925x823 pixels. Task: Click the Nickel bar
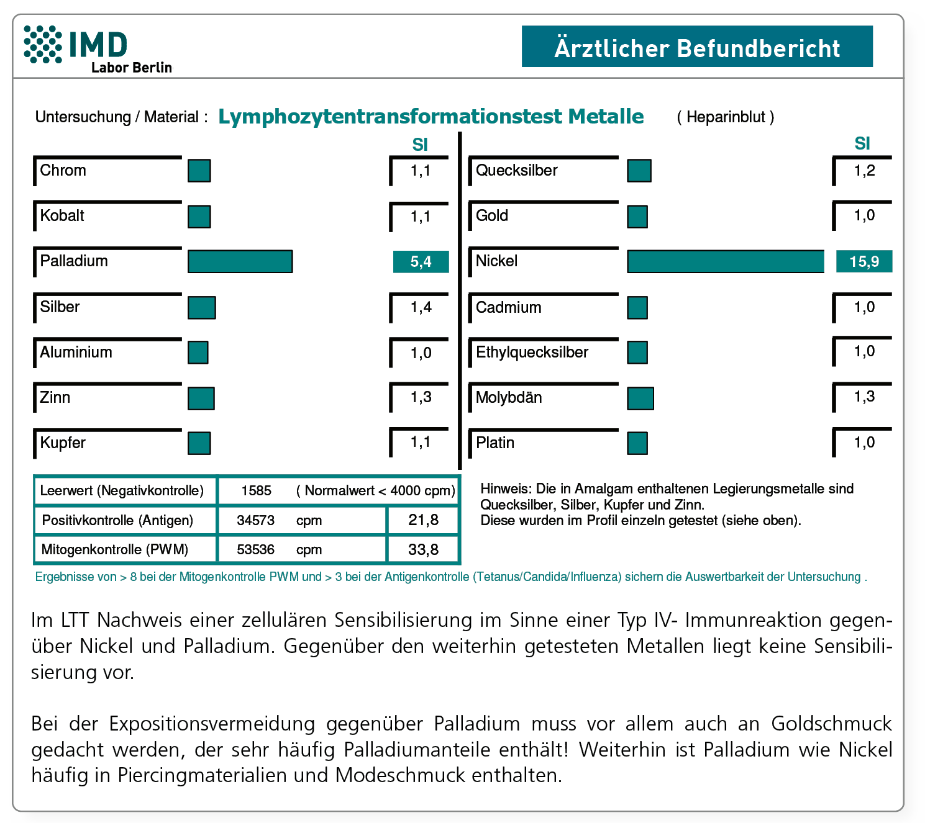(x=725, y=261)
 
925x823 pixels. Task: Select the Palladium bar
(x=240, y=261)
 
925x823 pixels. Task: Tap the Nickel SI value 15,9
(x=864, y=261)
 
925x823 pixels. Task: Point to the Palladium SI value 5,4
(x=421, y=262)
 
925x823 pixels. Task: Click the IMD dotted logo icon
(x=43, y=44)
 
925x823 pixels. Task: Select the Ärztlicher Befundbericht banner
(x=697, y=47)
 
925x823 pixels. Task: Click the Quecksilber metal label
(x=516, y=171)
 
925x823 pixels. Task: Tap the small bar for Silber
(x=202, y=307)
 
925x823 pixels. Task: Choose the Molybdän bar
(x=640, y=398)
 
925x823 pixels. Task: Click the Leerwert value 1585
(x=257, y=491)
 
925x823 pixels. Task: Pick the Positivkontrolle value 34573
(x=255, y=520)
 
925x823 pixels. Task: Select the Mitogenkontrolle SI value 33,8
(x=423, y=549)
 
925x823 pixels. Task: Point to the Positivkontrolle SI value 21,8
(x=423, y=520)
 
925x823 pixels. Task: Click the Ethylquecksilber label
(x=532, y=353)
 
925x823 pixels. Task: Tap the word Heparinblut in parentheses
(x=726, y=117)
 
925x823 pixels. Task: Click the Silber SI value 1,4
(x=421, y=307)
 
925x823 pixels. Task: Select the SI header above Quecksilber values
(x=862, y=144)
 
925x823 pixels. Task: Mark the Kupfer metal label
(x=63, y=443)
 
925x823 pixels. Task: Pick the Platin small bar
(x=637, y=443)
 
